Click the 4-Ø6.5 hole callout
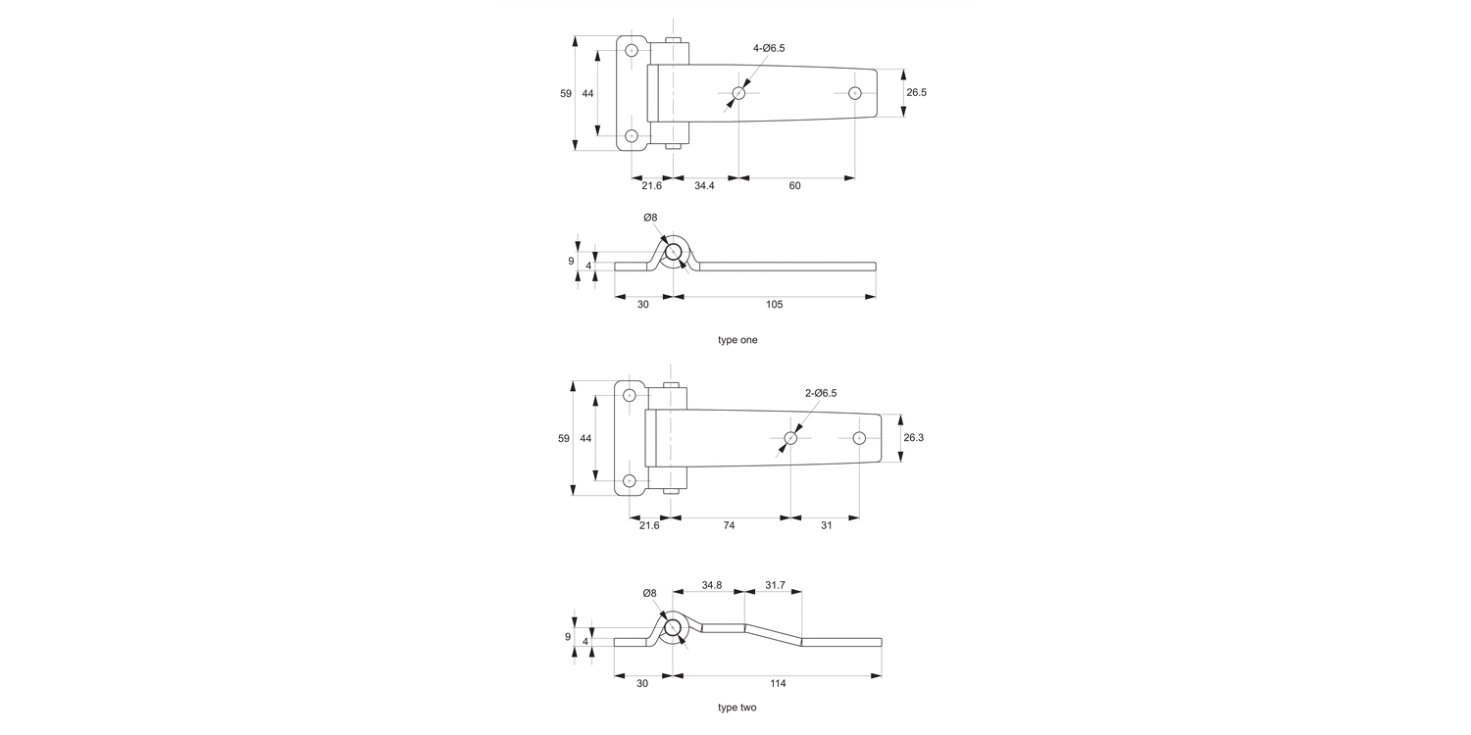coord(769,48)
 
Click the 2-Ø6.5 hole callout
coord(821,393)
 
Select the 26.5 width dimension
coord(917,93)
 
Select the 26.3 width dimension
coord(913,438)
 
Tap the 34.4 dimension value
coord(704,185)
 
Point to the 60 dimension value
coord(794,185)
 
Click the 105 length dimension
coord(773,305)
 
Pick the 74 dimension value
coord(729,525)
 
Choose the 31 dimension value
coord(826,525)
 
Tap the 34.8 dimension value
coord(711,585)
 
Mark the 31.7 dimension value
coord(775,585)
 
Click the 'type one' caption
coord(737,340)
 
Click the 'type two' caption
coord(736,707)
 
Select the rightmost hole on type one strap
coord(855,93)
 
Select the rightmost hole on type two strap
coord(859,437)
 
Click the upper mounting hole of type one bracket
coord(632,50)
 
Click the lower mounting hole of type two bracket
coord(630,480)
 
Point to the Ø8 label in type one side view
coord(650,218)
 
